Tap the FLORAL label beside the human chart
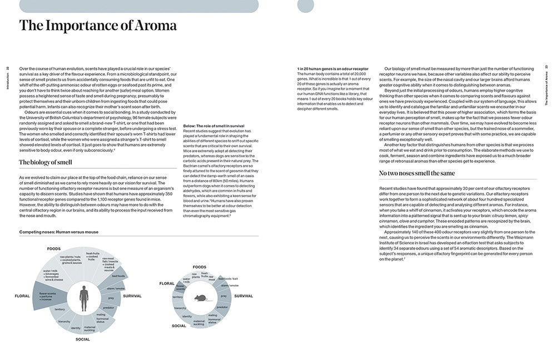(22, 296)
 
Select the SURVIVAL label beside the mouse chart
(244, 296)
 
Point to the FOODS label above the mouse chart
(199, 267)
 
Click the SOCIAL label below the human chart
(83, 338)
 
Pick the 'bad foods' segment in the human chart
(118, 276)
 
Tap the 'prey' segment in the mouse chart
(224, 296)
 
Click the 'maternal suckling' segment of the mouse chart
(200, 322)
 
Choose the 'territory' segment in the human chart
(59, 309)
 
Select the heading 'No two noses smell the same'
(417, 173)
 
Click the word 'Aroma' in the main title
(151, 26)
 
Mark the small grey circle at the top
(306, 6)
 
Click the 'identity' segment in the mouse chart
(187, 317)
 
